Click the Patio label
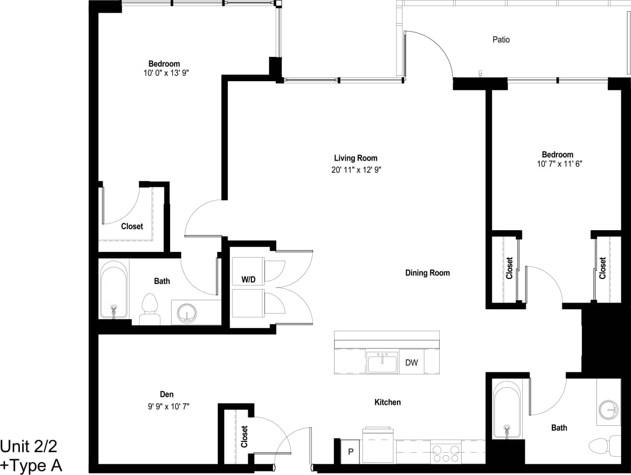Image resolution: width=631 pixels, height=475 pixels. (x=501, y=40)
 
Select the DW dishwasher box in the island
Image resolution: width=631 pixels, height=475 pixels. (x=411, y=363)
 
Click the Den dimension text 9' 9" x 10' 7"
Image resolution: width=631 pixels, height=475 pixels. (x=167, y=406)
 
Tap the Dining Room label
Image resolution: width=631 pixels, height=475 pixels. (x=427, y=273)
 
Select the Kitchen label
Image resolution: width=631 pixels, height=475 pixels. (x=387, y=402)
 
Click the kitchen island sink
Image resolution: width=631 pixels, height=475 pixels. (x=382, y=364)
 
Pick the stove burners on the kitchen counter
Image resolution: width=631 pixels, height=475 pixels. (x=445, y=453)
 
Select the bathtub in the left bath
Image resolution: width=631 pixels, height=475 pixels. (x=113, y=290)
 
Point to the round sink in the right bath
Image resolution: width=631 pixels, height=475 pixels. (x=609, y=408)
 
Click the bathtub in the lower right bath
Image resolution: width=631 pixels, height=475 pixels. (x=507, y=409)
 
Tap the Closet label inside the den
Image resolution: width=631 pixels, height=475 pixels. (x=244, y=436)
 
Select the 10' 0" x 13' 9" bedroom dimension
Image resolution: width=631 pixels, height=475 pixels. (x=163, y=73)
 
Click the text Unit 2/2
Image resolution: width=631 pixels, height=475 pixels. (x=29, y=447)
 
